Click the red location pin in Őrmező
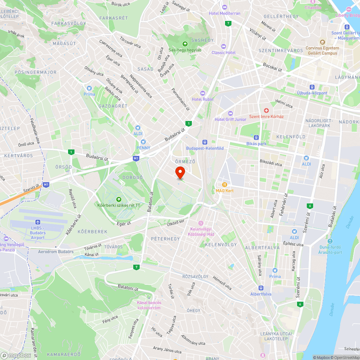pos(180,172)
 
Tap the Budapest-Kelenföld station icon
pos(205,142)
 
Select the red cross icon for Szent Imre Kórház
pos(266,110)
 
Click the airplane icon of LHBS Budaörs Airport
pos(37,222)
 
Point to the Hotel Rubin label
pos(202,99)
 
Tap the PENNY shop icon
pos(143,142)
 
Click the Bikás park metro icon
pos(256,137)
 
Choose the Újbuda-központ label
pos(312,93)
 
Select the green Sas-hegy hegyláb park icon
pos(185,44)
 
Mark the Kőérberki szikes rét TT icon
pos(118,199)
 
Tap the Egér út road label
pos(124,224)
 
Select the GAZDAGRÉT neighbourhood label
pos(113,106)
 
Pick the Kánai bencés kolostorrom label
pos(149,305)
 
